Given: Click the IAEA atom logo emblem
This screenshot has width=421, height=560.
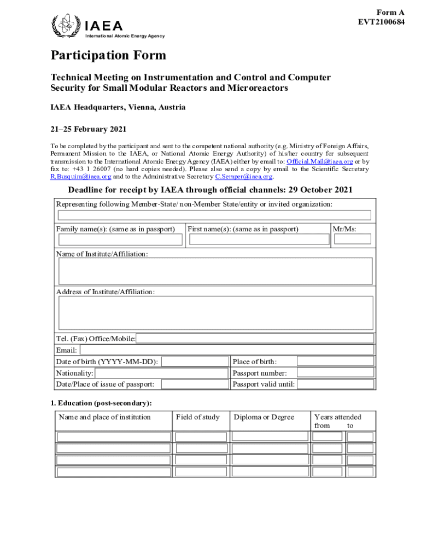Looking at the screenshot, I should (65, 25).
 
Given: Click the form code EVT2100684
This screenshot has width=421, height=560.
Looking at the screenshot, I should (381, 22).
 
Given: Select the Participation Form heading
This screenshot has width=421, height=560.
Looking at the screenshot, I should (108, 56).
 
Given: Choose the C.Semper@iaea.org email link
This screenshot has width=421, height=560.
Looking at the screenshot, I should (243, 177).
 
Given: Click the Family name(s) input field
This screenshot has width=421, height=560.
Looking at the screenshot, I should (120, 240).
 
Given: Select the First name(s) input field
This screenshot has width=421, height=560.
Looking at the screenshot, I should (258, 240).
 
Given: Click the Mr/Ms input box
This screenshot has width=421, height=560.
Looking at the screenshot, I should (353, 239).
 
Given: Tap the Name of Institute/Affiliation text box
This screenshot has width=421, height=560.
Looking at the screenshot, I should (215, 271).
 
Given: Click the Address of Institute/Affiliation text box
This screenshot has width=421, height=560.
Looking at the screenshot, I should (215, 313).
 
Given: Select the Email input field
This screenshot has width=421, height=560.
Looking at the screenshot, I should (227, 350).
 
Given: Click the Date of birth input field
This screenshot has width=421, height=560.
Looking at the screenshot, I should (195, 361).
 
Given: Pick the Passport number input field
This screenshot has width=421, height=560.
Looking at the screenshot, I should (336, 373).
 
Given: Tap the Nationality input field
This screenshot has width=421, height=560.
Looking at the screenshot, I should (161, 373).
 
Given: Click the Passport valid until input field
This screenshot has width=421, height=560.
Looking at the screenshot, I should (336, 384).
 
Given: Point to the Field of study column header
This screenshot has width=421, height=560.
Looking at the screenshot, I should (197, 417).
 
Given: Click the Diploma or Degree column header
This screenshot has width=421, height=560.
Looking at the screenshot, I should (264, 417).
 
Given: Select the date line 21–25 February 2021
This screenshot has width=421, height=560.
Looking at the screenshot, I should (89, 130).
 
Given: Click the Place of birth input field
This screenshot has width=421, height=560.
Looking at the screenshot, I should (336, 361).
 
